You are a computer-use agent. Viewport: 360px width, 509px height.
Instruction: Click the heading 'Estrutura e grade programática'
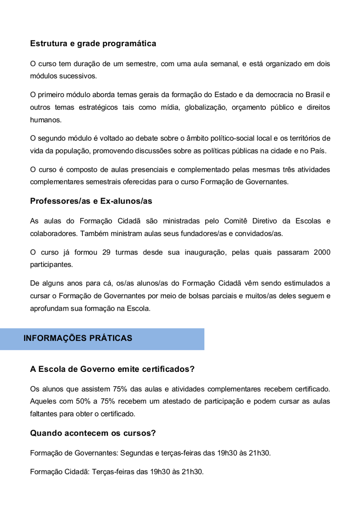(93, 44)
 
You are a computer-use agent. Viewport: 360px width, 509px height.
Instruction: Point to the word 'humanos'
(45, 120)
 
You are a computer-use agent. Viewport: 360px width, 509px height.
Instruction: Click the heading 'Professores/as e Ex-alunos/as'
(91, 201)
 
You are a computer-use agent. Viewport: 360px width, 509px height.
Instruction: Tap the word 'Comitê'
(237, 221)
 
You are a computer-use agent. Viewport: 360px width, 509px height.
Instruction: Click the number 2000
(321, 252)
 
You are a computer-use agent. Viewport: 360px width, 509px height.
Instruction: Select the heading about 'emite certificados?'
(112, 369)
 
